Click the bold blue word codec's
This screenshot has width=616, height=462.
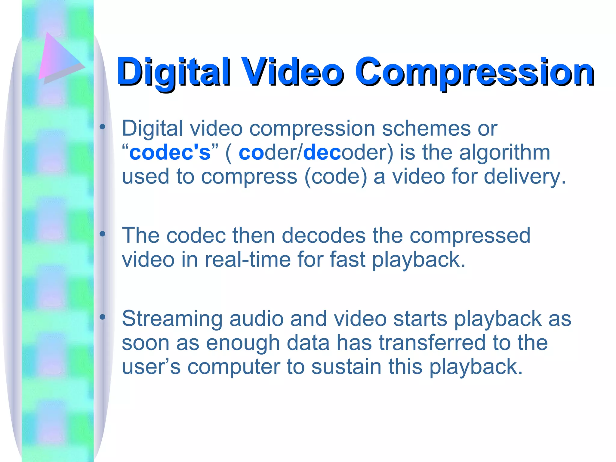170,152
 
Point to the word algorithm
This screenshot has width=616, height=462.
504,152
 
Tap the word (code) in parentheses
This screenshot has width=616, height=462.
336,176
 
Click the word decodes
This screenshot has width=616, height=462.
323,236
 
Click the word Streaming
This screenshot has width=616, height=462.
172,319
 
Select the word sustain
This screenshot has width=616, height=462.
346,367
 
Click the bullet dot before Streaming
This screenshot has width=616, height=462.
103,317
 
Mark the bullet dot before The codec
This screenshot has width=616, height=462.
103,234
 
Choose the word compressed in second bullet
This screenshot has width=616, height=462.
470,236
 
